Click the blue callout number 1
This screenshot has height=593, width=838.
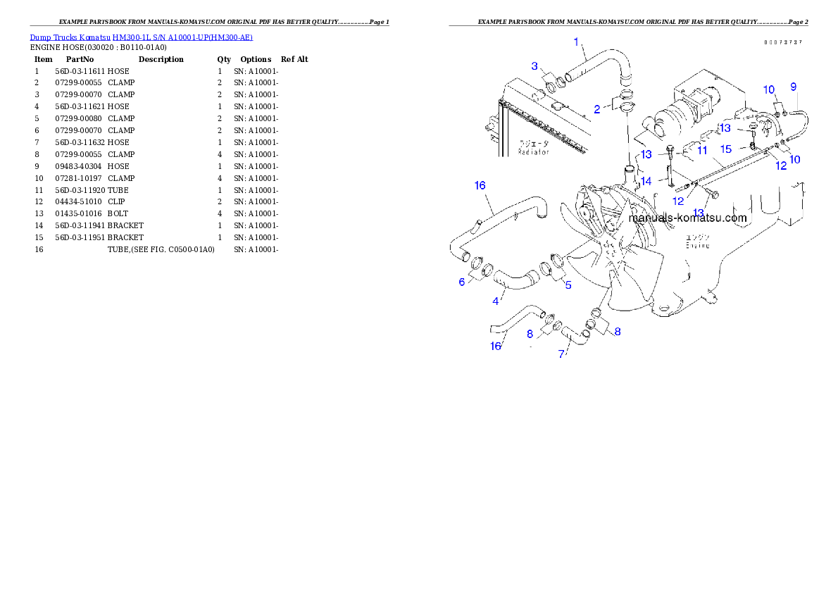coord(576,42)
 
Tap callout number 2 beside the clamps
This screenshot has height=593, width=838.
coord(596,108)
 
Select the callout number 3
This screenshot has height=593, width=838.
coord(534,66)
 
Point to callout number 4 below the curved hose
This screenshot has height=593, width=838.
coord(496,301)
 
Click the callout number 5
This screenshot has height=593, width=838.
coord(568,285)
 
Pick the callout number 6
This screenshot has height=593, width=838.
coord(462,282)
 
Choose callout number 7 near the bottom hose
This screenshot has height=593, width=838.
coord(561,354)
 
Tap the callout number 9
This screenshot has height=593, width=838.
coord(794,87)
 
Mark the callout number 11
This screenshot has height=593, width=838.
coord(702,150)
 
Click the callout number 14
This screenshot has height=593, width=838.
coord(646,181)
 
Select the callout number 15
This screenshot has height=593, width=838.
coord(725,149)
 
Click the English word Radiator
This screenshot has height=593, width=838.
coord(534,152)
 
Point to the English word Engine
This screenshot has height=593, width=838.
coord(697,246)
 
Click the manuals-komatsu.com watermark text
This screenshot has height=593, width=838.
coord(687,218)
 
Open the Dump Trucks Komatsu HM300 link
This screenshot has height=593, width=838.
coord(141,37)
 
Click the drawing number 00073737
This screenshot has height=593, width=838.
coord(783,42)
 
